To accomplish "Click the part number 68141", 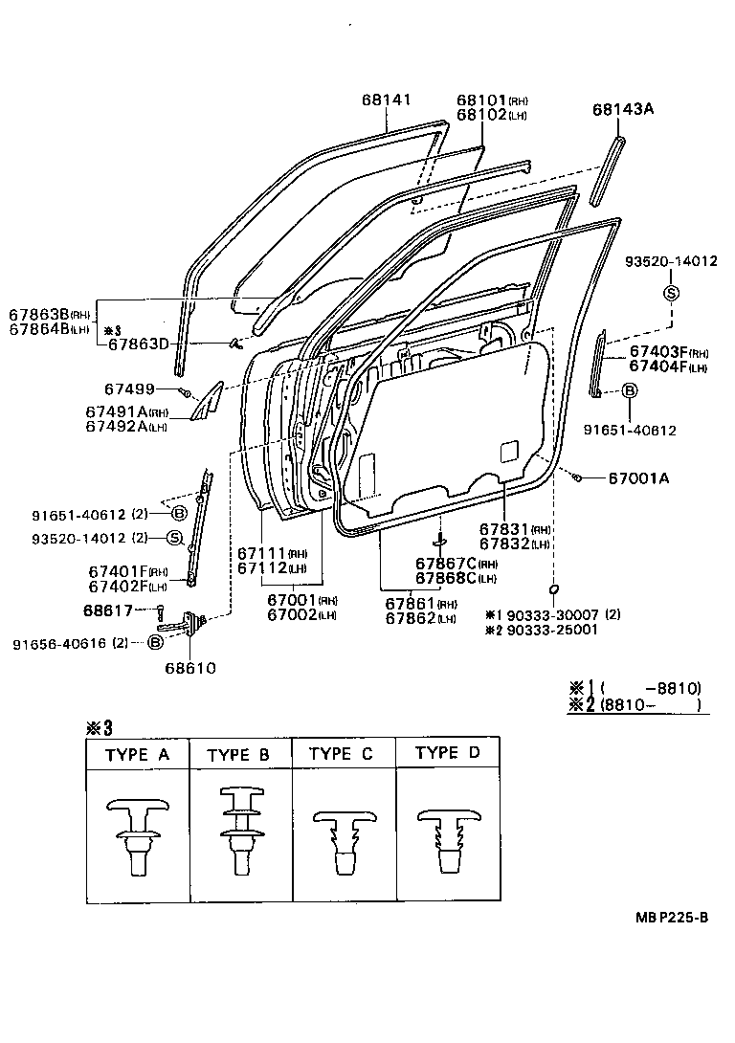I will click(387, 100).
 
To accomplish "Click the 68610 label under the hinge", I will click(189, 667).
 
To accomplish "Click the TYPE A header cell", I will click(138, 755).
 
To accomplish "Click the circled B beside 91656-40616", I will click(155, 643).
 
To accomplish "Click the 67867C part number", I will click(444, 563).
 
